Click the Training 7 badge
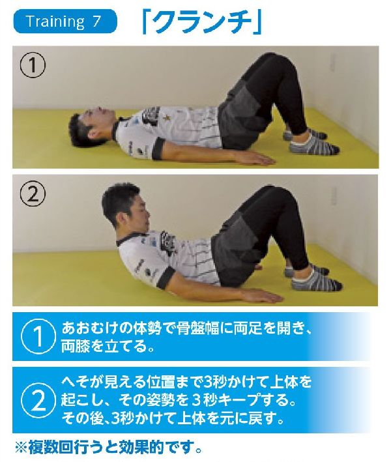pos(65,22)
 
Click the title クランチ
pos(202,22)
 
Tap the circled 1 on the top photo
pos(33,66)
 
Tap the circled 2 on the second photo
pos(33,194)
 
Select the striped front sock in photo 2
pos(317,280)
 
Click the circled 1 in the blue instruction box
pos(38,336)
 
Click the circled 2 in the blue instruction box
pos(38,399)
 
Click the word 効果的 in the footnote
pos(141,448)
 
